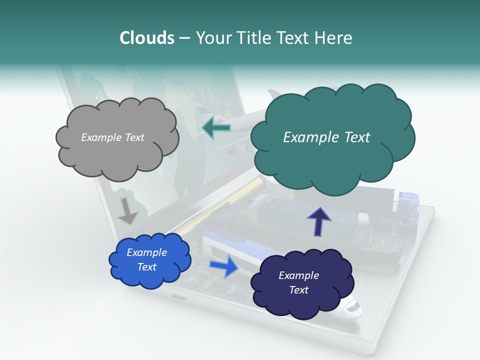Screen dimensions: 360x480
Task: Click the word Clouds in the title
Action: tap(147, 37)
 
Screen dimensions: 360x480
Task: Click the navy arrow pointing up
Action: tap(319, 221)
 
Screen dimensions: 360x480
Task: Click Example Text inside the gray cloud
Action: tap(112, 137)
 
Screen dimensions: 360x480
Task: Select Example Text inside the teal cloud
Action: tap(326, 137)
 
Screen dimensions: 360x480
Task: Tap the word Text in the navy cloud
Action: tap(298, 290)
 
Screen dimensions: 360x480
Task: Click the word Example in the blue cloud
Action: tap(146, 252)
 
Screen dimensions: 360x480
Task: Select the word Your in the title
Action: tap(211, 37)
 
